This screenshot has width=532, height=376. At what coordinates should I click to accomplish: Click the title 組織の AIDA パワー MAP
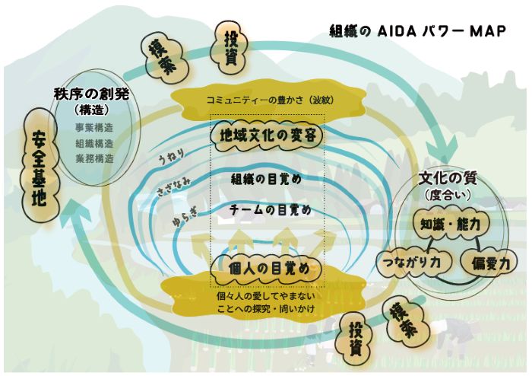point(418,31)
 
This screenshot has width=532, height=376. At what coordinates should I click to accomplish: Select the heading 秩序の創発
point(92,94)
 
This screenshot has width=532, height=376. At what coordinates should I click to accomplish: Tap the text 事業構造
point(94,128)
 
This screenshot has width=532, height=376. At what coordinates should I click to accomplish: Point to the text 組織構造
point(94,143)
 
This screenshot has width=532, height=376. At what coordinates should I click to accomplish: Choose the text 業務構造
point(94,158)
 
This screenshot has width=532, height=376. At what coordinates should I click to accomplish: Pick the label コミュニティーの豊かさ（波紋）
point(270,100)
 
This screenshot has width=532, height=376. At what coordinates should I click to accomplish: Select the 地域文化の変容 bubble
point(268,135)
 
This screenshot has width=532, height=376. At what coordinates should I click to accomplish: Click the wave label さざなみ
point(173,186)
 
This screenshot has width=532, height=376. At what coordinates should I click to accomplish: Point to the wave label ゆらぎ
point(185,216)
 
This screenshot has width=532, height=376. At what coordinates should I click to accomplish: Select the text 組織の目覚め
point(266,180)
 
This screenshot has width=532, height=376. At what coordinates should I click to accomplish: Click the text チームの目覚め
point(270,209)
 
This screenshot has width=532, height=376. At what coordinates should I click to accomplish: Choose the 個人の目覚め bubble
point(266,269)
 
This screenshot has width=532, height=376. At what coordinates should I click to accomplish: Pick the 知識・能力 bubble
point(450,225)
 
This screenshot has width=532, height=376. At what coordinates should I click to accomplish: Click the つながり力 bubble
point(414,263)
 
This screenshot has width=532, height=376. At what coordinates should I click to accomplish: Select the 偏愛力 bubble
point(489,263)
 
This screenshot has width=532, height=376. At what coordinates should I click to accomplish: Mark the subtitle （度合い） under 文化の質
point(448,196)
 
